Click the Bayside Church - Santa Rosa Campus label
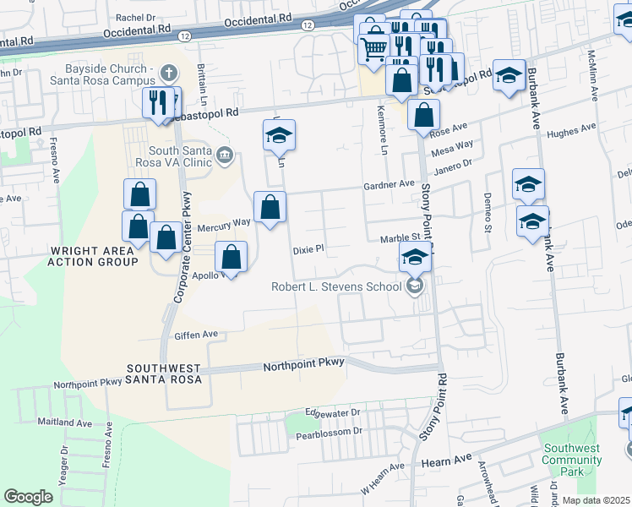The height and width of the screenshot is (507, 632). (101, 74)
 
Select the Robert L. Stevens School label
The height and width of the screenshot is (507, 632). (335, 286)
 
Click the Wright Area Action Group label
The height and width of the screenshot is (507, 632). (93, 256)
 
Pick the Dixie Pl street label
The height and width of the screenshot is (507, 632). (308, 250)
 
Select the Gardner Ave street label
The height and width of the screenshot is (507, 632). (389, 183)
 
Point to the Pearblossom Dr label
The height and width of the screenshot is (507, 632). (328, 432)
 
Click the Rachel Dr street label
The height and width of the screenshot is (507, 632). (136, 17)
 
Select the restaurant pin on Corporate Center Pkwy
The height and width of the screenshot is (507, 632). (159, 103)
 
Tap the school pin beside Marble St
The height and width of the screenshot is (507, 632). (415, 257)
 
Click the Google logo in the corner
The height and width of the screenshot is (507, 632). (28, 497)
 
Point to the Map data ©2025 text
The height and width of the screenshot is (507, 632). (597, 500)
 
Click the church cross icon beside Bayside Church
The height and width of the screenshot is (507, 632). (169, 73)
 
